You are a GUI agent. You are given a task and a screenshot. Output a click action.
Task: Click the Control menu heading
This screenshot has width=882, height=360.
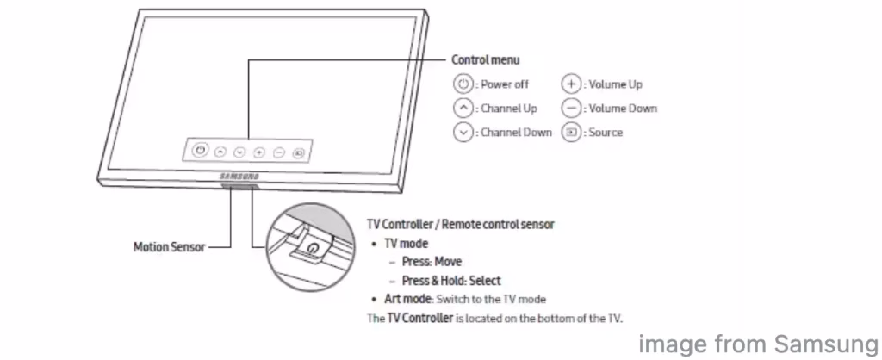pos(486,60)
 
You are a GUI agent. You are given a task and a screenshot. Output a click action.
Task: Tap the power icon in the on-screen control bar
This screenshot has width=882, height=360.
pos(199,150)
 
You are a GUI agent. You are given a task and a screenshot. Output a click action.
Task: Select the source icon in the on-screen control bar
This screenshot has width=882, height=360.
pos(298,152)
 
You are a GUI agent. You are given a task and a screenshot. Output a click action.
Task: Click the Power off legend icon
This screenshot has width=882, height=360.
pos(463,84)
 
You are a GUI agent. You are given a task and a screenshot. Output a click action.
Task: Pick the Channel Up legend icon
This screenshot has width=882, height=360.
pos(463,109)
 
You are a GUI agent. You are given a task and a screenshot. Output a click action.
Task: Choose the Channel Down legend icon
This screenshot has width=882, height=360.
pos(463,133)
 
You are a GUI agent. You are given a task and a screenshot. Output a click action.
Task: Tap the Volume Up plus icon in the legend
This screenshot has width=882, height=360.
pos(570,84)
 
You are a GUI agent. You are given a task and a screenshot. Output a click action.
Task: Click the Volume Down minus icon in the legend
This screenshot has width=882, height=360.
pos(570,109)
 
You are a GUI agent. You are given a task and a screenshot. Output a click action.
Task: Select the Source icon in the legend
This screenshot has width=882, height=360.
pos(570,133)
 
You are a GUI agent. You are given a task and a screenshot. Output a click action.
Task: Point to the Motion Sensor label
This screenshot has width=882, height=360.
pos(170,247)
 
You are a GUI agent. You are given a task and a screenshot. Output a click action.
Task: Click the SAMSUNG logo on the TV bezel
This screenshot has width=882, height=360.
pos(238,177)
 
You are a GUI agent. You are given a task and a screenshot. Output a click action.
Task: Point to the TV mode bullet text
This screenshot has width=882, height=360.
pos(405,244)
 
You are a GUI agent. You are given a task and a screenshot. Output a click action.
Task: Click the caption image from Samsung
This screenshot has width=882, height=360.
pos(755,343)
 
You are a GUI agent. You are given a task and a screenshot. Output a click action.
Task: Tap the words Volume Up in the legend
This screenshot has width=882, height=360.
pos(615,84)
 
